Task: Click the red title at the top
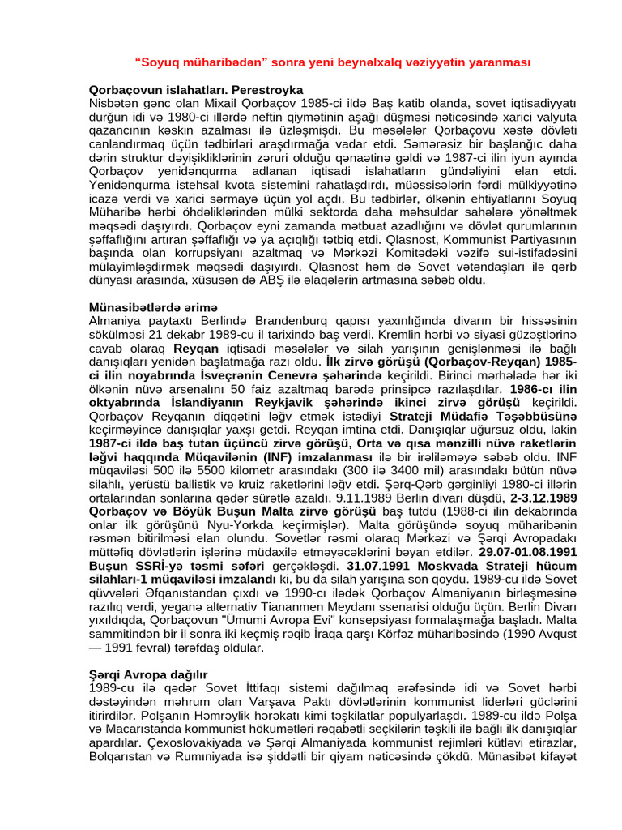point(332,62)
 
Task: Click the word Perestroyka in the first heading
point(267,89)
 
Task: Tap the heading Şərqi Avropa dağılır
point(148,674)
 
